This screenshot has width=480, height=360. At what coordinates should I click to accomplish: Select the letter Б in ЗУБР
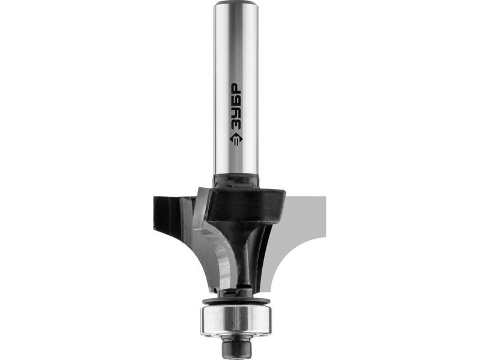point(236,101)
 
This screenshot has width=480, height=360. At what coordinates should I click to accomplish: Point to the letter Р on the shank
point(236,89)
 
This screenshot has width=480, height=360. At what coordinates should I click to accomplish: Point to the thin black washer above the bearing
point(236,300)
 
